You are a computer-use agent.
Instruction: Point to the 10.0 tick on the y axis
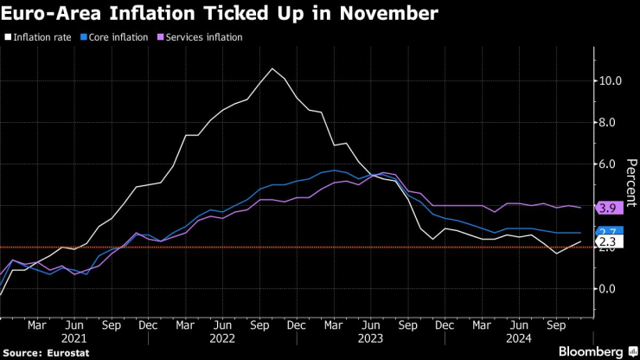point(611,81)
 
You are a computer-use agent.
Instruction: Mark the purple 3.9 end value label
point(607,208)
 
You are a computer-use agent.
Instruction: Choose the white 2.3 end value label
point(607,241)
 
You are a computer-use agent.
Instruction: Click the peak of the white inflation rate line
point(272,68)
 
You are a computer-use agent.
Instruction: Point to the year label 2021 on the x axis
point(74,340)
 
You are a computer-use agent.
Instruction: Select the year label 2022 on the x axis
point(221,340)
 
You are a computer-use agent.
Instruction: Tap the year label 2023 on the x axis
point(370,340)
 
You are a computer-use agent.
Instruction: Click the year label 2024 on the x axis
point(517,340)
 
